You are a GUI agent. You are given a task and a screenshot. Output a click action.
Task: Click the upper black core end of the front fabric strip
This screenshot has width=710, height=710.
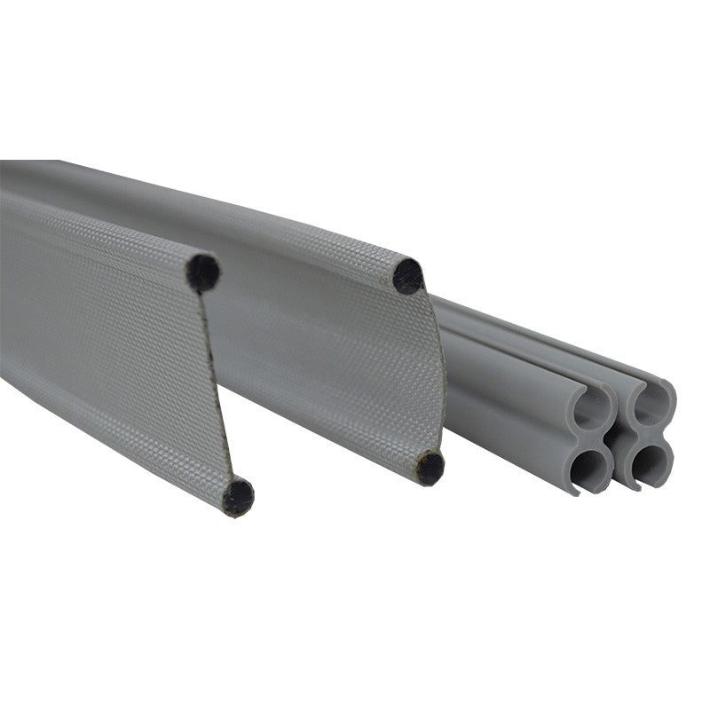[203, 272]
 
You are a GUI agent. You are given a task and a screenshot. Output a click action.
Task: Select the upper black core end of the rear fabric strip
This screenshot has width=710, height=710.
[408, 276]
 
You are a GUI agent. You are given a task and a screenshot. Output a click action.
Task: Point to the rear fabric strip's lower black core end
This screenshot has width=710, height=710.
[430, 467]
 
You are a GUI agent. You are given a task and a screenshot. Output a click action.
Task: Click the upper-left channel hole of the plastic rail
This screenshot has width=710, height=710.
[592, 408]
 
